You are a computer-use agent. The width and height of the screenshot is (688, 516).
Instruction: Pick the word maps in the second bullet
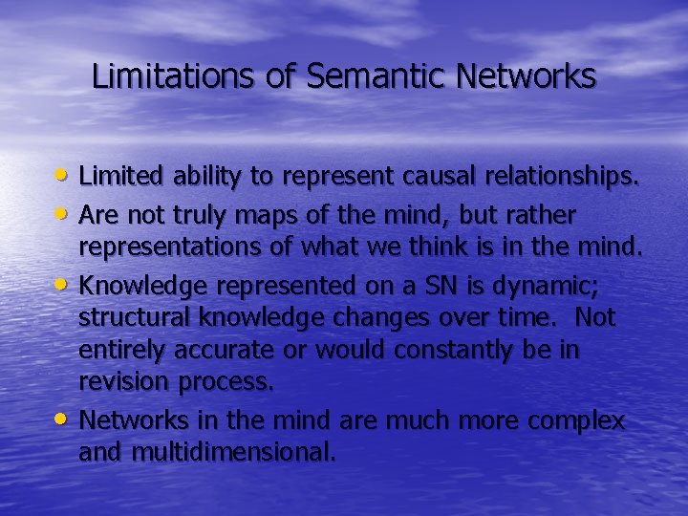[269, 211]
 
